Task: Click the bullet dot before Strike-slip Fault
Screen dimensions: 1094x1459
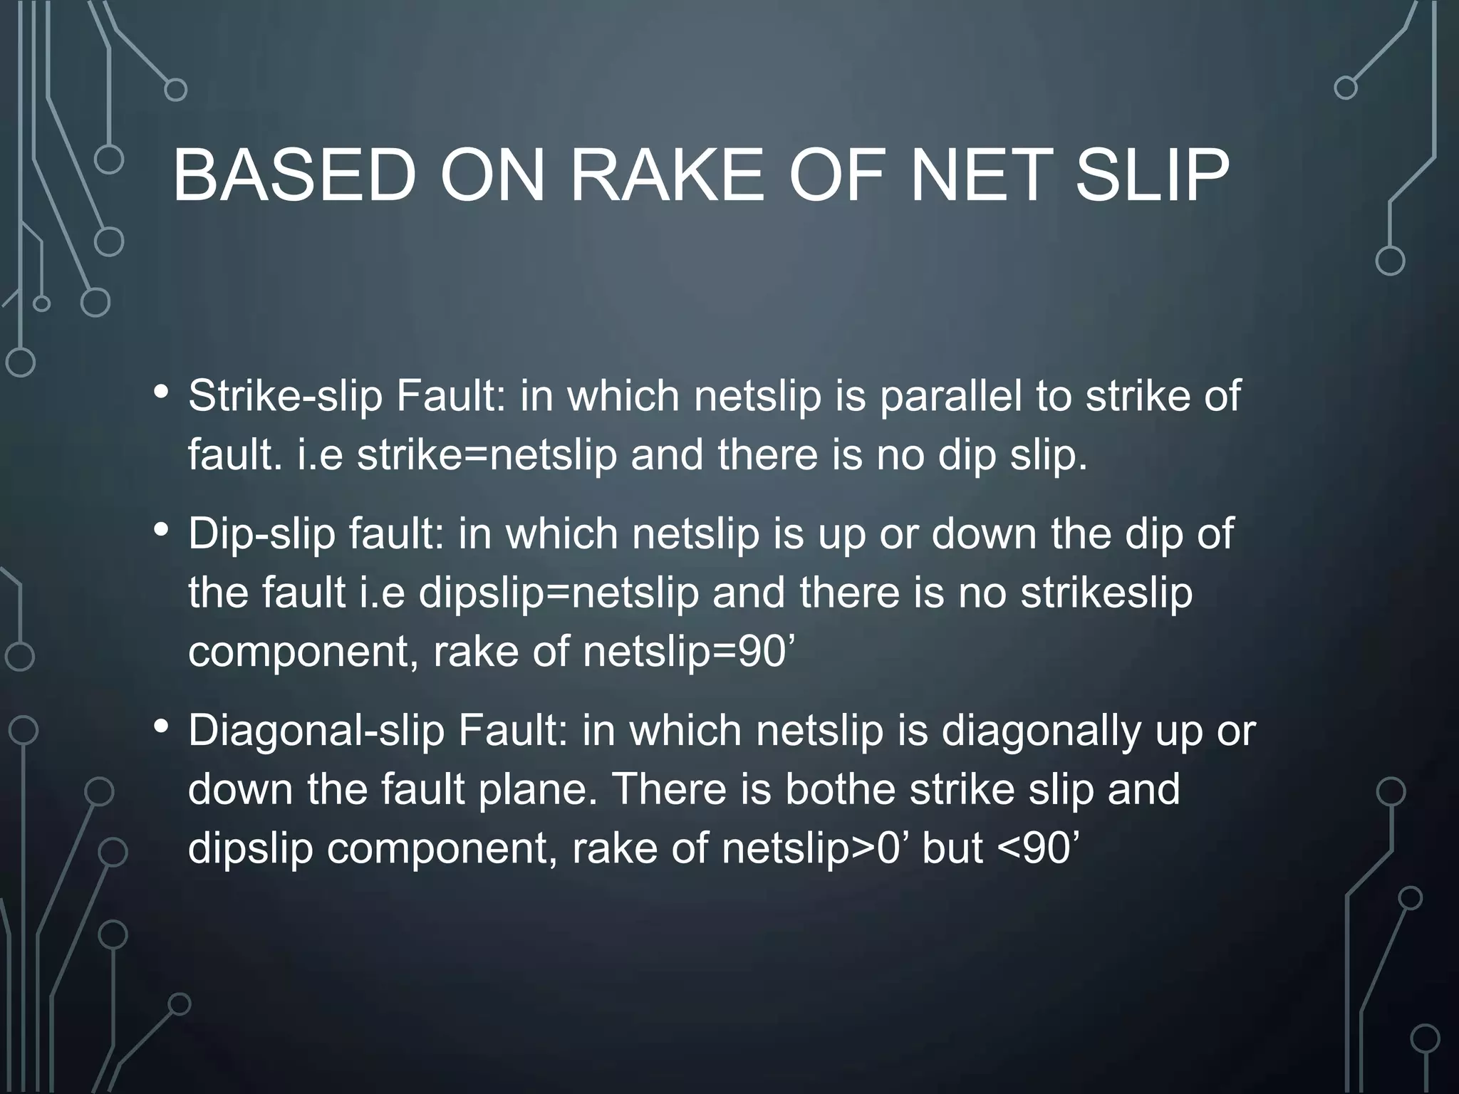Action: (x=162, y=392)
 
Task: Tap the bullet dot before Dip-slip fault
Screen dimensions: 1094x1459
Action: (x=162, y=530)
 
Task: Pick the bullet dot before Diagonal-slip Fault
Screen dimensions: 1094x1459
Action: (x=162, y=727)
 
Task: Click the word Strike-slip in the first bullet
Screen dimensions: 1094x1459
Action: (x=285, y=396)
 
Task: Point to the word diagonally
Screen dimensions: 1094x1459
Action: (x=1041, y=732)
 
